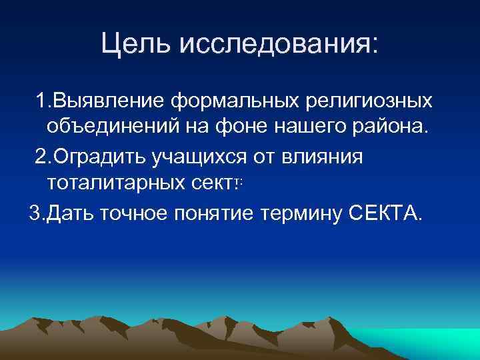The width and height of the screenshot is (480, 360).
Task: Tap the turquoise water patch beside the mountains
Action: (x=427, y=337)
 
